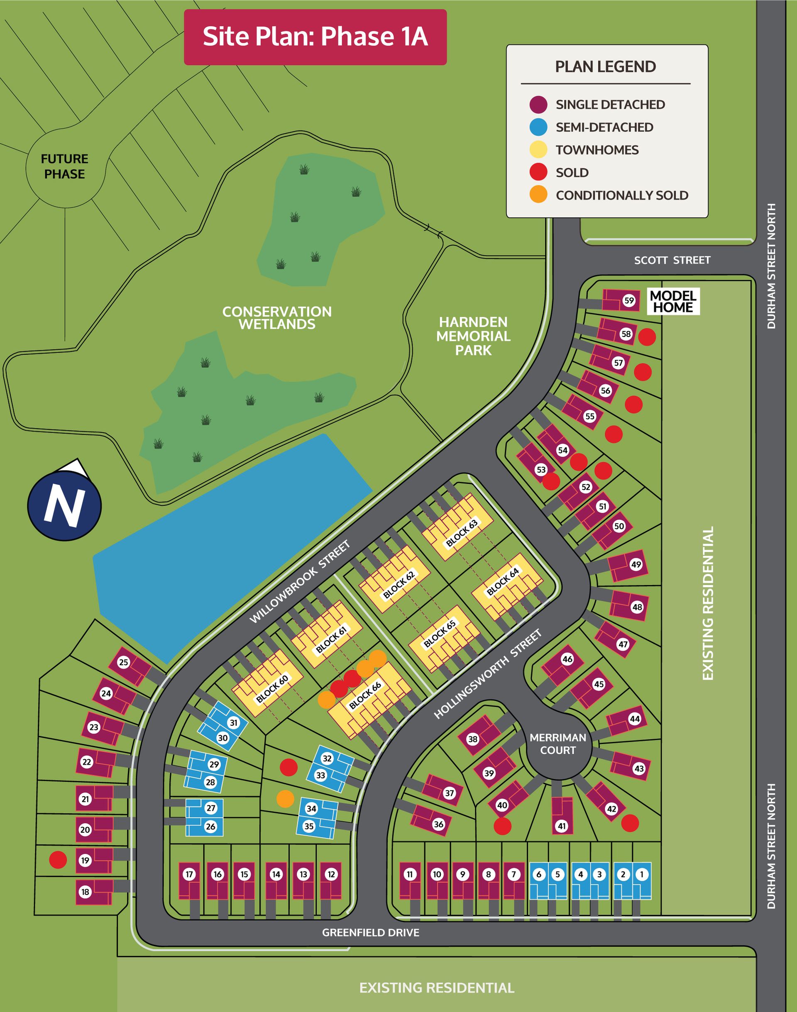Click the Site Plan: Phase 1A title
tap(315, 37)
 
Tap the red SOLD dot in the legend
tap(538, 172)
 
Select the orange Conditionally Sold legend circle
tap(538, 195)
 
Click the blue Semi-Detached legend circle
tap(538, 127)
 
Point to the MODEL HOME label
tap(673, 301)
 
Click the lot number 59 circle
tap(629, 300)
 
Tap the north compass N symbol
tap(64, 505)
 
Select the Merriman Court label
tap(557, 744)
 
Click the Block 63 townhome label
tap(462, 533)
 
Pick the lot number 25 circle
tap(123, 662)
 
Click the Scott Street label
tap(672, 260)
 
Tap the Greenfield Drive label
tap(371, 933)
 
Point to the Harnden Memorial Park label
tap(473, 336)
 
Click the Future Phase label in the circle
tap(64, 166)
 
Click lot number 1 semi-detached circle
tap(642, 874)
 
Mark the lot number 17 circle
tap(189, 874)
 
